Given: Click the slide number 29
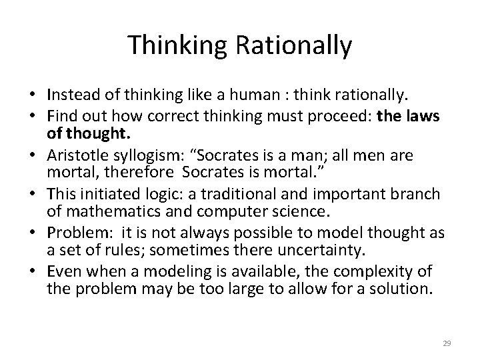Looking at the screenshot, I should coord(447,343).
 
